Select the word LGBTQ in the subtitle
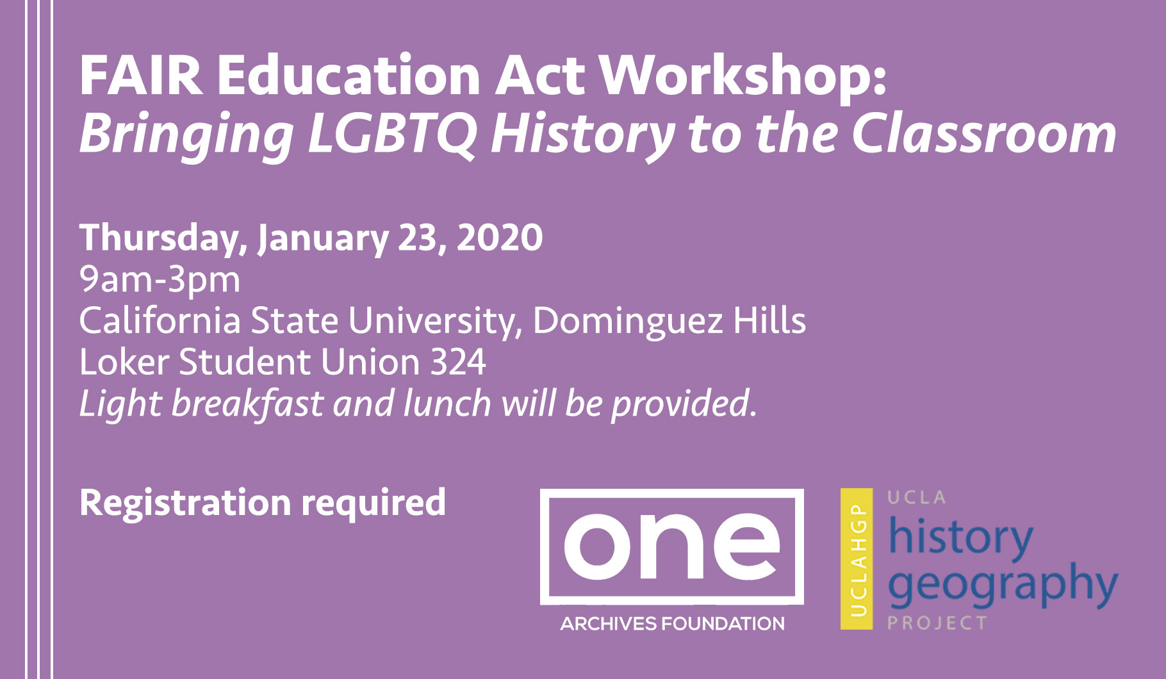coord(392,135)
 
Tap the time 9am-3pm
coord(160,280)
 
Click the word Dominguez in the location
coord(628,320)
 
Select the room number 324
coord(458,362)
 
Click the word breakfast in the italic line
coord(247,404)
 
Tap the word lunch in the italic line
coord(447,404)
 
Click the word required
coord(374,503)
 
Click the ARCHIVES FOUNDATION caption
coord(672,623)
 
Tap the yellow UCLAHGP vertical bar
coord(857,559)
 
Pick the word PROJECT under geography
coord(937,623)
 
